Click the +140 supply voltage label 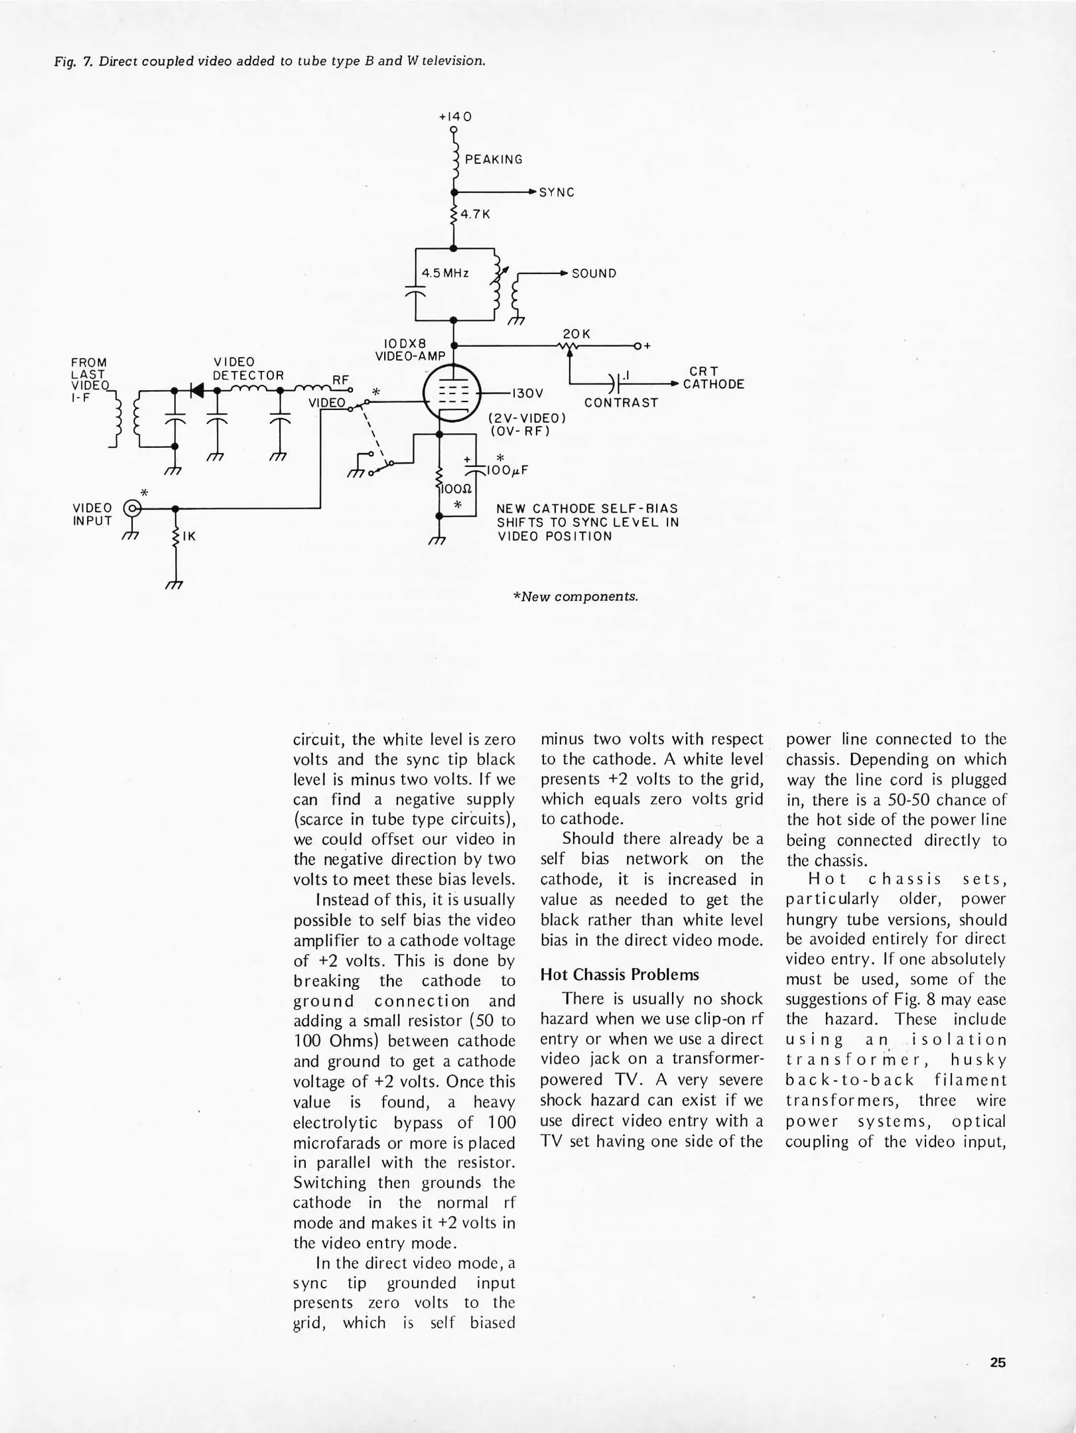click(x=455, y=117)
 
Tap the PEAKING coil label click(x=494, y=160)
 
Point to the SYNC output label click(x=557, y=193)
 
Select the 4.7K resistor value click(x=475, y=215)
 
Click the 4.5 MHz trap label click(x=446, y=273)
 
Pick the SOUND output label click(x=594, y=274)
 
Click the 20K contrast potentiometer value click(x=576, y=334)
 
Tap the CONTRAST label click(x=621, y=403)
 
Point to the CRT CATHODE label click(x=713, y=378)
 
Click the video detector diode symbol click(x=196, y=390)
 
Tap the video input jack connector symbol click(x=134, y=509)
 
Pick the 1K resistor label click(x=189, y=537)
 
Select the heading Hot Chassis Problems click(x=620, y=975)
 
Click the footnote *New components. click(x=575, y=596)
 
